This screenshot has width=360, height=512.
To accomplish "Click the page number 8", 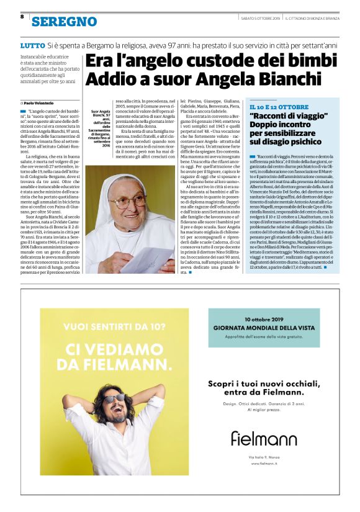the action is coord(22,17).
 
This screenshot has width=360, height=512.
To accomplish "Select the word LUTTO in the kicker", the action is coord(32,46).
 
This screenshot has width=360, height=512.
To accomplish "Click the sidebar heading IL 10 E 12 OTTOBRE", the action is coord(279,107).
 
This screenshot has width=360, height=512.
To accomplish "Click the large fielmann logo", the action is coord(264,439).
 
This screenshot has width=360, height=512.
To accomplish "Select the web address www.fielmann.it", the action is coord(264,463).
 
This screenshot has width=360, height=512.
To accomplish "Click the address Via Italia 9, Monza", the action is coord(264,456).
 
